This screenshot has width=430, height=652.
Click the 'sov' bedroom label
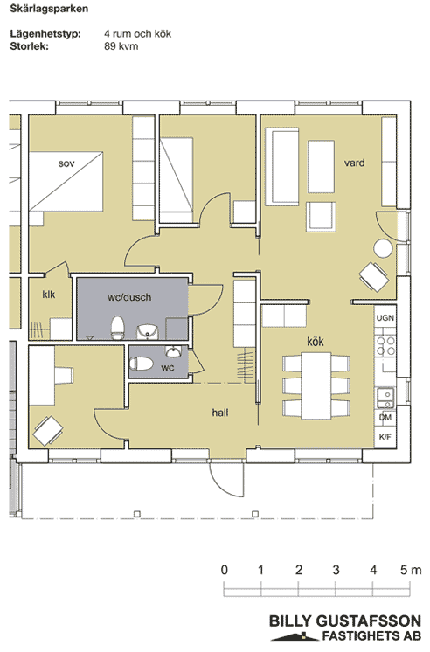(66, 163)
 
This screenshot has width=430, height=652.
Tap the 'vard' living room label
(354, 163)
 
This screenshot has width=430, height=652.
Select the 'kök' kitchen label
(316, 342)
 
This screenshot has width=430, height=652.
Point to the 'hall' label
(220, 412)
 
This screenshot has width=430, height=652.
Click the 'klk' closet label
(49, 295)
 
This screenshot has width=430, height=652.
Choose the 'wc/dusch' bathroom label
(129, 297)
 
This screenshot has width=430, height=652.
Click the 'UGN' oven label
(385, 317)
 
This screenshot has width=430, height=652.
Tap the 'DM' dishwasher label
(385, 417)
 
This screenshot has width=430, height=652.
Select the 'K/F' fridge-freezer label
(385, 437)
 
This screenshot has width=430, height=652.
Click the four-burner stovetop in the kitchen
(385, 346)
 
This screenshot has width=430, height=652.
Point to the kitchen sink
(386, 398)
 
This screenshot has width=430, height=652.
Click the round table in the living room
(383, 248)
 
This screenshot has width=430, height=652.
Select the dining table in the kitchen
(316, 385)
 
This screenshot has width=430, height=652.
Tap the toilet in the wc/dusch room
(118, 327)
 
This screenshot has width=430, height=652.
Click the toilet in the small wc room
(141, 364)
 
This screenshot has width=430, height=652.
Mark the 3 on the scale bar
(336, 569)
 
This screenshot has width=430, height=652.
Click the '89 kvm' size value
(121, 45)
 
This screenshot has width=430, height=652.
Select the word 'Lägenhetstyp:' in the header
(45, 34)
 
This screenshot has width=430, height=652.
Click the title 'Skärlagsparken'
(49, 9)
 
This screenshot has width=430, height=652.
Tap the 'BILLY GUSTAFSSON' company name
(345, 621)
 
